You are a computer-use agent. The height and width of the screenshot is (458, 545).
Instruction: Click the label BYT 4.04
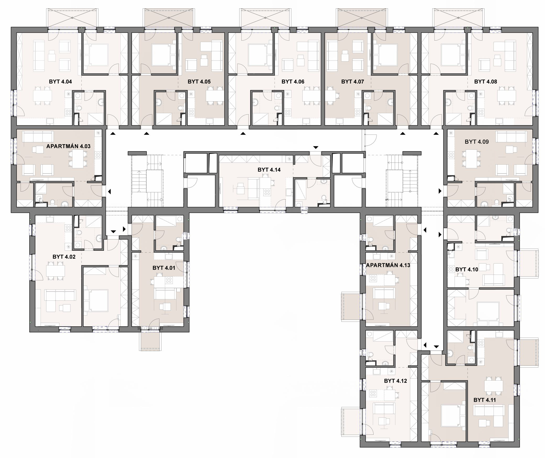point(60,82)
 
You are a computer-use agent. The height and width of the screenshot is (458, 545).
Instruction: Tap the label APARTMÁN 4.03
point(68,146)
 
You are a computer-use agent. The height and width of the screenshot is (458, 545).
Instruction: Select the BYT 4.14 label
point(269,170)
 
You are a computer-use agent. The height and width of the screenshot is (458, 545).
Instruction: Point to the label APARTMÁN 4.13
point(388,265)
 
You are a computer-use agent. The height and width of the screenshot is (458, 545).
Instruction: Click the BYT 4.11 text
point(485,400)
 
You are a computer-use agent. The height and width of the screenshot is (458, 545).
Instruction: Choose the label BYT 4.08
point(486,82)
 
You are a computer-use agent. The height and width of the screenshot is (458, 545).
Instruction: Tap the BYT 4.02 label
point(64,257)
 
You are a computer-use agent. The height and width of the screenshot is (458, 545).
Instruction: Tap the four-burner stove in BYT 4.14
point(267,192)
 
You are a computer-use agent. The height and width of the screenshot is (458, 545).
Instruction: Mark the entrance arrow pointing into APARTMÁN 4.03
point(109,192)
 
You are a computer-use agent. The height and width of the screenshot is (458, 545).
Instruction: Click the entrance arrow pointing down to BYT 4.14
point(316,147)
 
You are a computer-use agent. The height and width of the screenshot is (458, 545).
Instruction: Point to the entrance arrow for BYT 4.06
point(243,133)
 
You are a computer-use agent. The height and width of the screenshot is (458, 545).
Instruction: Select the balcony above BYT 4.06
point(265,18)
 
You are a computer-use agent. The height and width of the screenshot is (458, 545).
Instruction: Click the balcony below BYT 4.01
point(150,341)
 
